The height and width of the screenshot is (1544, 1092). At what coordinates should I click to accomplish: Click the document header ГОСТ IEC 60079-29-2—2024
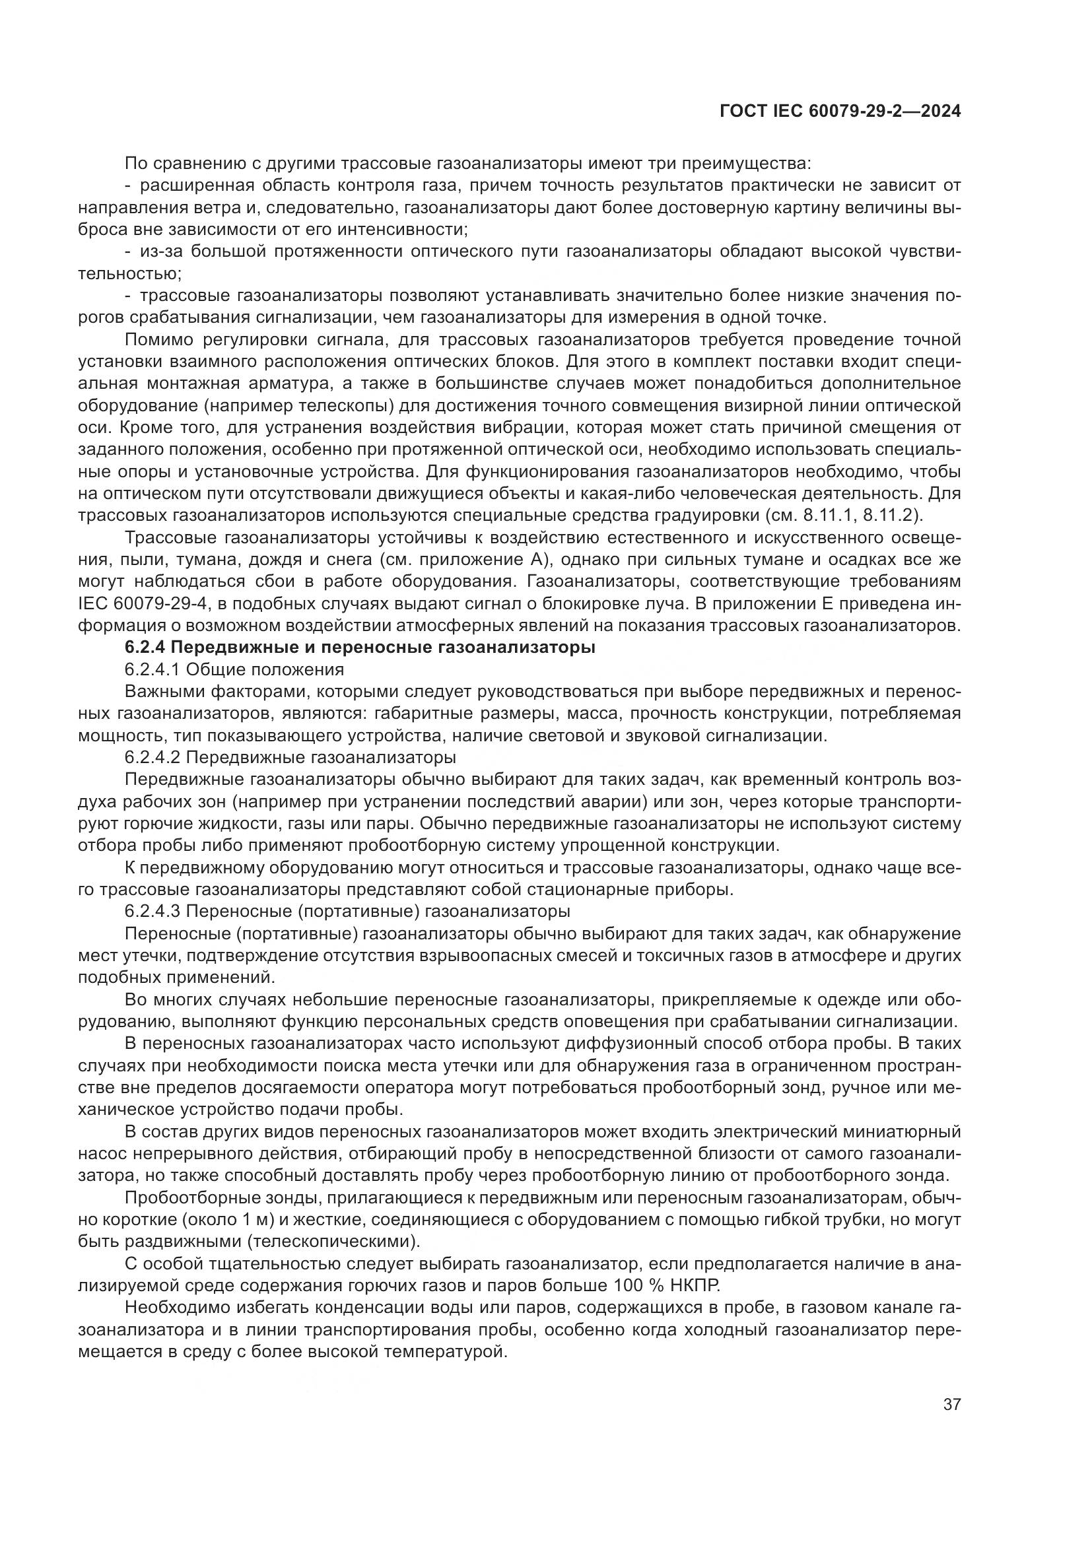(839, 112)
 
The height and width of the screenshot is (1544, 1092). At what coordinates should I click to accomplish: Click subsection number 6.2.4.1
(152, 670)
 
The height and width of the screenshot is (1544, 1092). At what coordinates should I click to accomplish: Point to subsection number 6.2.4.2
(152, 758)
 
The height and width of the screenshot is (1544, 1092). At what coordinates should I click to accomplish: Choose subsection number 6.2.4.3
(152, 912)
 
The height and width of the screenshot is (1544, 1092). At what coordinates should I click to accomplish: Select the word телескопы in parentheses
(352, 405)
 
